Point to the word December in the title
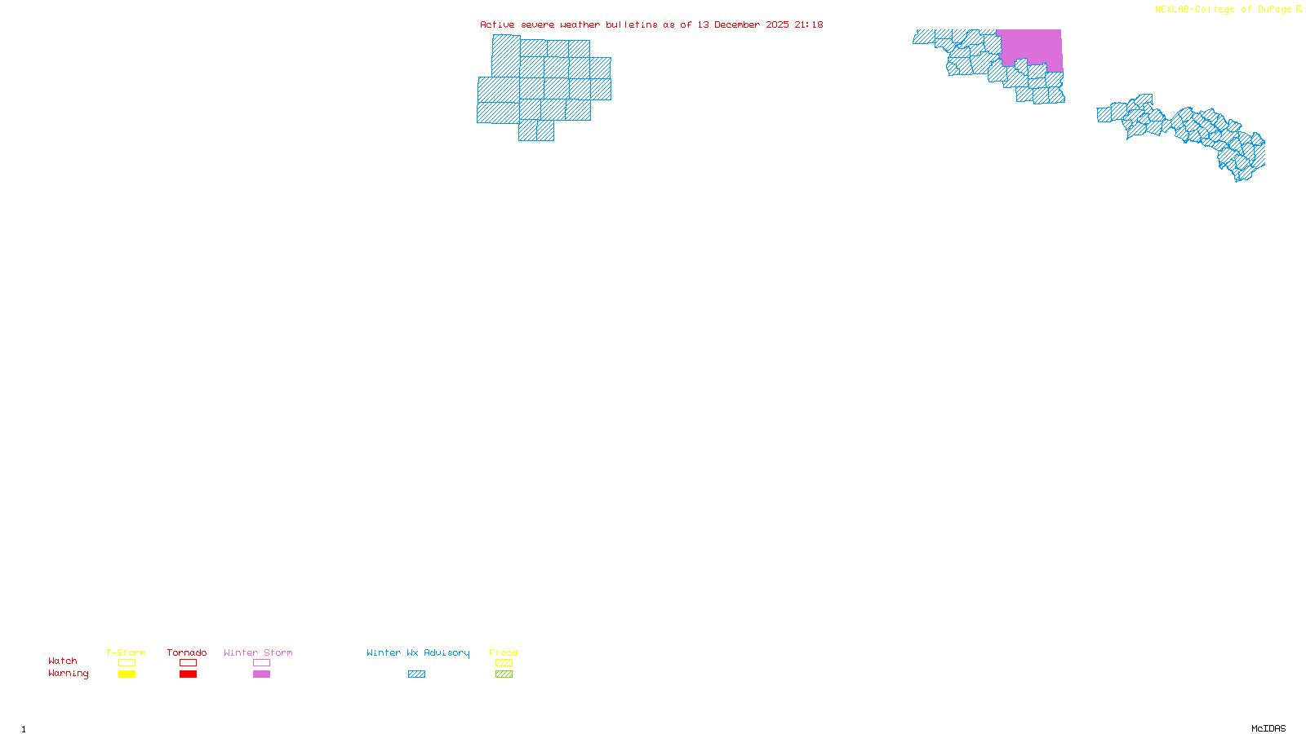coord(743,24)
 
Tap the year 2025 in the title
coord(777,24)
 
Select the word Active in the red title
coord(497,24)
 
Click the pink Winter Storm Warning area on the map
coord(1030,46)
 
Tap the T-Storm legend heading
coord(126,652)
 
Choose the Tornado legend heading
coord(187,652)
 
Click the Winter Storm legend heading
coord(258,652)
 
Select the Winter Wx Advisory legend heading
coord(418,652)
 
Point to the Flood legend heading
coord(504,652)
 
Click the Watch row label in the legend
coord(63,661)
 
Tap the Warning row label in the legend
coord(69,674)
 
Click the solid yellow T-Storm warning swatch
coord(127,674)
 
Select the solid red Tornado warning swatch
coord(188,674)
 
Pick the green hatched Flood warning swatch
coord(504,674)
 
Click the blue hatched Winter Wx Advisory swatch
coord(416,674)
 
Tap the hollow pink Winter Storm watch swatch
coord(261,663)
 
